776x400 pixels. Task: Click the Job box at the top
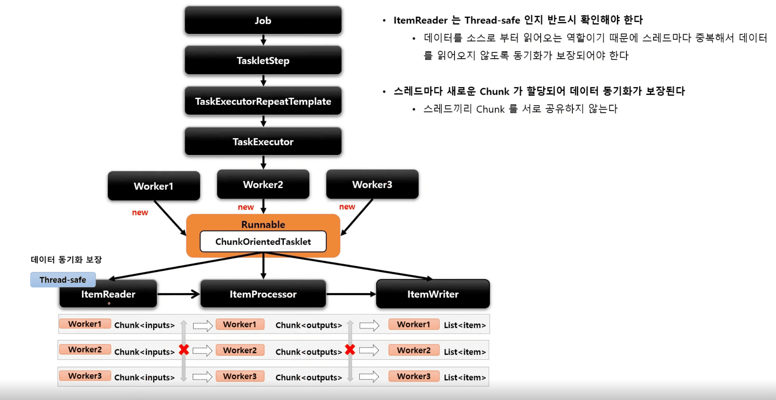[263, 20]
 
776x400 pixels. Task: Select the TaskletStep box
[263, 60]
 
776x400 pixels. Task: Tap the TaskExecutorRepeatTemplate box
[263, 101]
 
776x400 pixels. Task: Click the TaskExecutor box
[263, 141]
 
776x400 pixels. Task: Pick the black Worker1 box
[154, 186]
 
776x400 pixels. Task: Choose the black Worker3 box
[372, 184]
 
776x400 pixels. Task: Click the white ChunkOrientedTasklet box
[263, 241]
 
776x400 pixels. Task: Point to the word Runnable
[263, 224]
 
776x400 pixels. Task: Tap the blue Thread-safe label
[63, 280]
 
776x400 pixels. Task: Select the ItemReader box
[108, 294]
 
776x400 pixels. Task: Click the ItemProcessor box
[263, 294]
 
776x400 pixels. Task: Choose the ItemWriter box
[433, 294]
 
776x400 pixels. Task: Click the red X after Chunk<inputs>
[184, 350]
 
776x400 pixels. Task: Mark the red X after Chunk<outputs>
[350, 350]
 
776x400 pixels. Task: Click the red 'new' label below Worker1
[140, 212]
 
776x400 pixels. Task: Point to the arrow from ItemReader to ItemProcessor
[178, 294]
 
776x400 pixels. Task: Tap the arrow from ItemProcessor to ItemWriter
[351, 294]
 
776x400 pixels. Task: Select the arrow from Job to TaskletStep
[263, 40]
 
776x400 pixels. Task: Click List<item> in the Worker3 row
[465, 377]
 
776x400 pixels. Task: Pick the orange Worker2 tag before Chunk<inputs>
[85, 349]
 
